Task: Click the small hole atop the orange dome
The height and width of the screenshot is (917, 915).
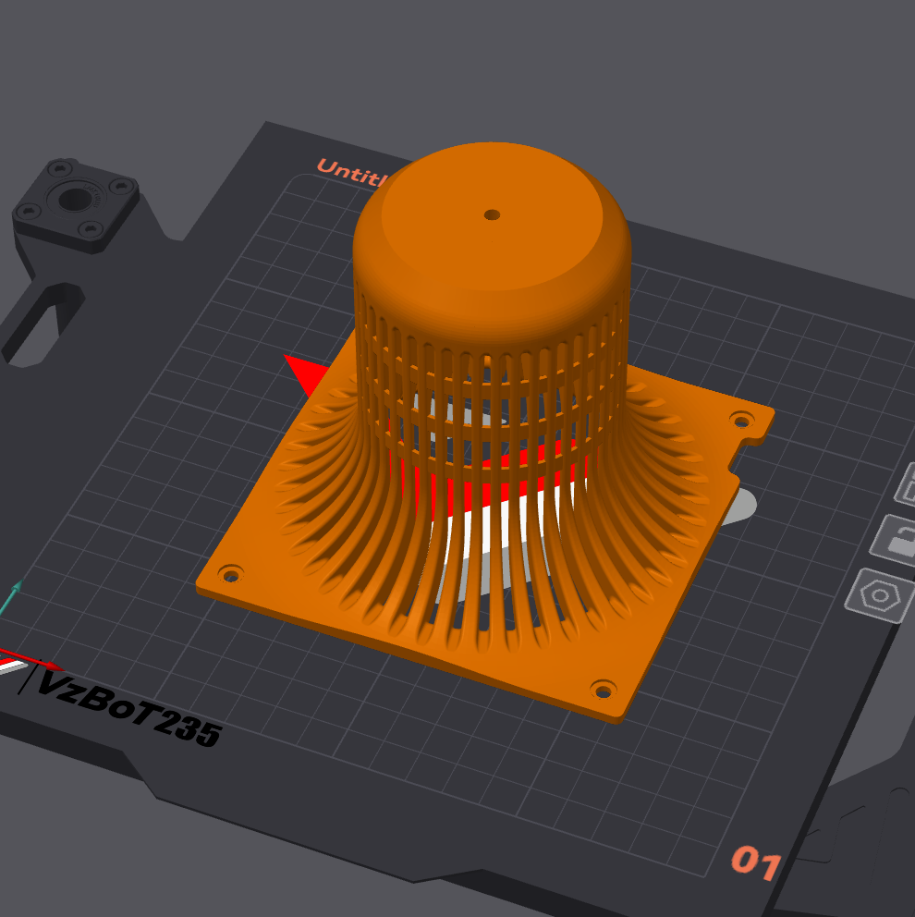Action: pos(492,214)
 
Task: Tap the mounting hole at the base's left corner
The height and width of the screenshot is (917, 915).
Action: pos(231,575)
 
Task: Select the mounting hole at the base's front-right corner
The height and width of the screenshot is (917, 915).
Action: pos(604,690)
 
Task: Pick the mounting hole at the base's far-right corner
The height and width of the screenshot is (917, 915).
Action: pos(740,421)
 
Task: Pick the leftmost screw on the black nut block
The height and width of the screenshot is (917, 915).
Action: pos(26,214)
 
